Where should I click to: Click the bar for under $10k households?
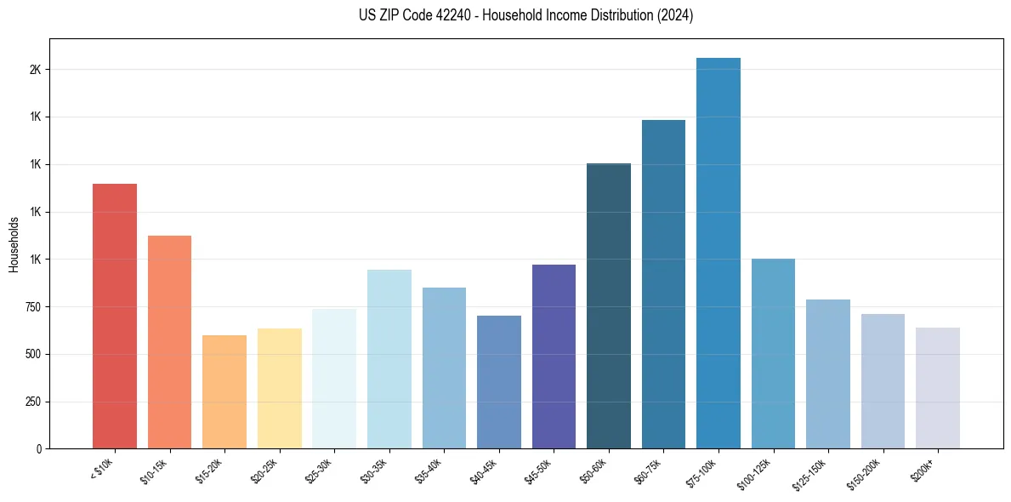[115, 316]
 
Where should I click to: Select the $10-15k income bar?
[169, 341]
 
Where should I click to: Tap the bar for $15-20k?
[224, 391]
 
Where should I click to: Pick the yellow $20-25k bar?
[279, 388]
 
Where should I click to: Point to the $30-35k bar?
[389, 358]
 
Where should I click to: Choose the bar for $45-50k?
[554, 356]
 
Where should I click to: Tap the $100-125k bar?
[773, 353]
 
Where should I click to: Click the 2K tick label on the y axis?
[36, 70]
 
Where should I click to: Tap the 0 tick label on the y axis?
[39, 449]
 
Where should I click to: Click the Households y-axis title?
[14, 244]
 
